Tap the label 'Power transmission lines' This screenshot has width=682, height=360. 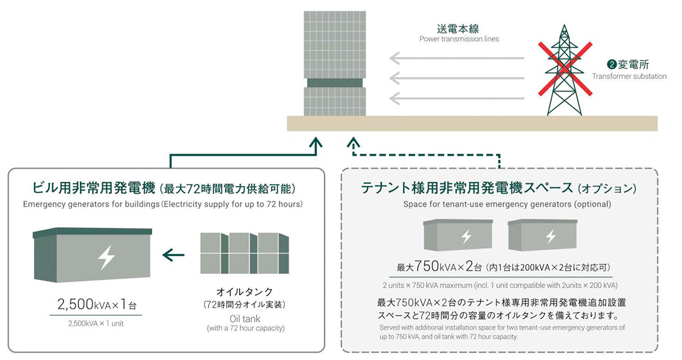pos(459,39)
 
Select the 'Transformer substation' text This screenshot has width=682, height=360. pos(629,76)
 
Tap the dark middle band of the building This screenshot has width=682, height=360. pos(334,82)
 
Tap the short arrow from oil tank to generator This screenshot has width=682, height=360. pos(174,255)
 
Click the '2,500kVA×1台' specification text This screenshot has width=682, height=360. pos(97,305)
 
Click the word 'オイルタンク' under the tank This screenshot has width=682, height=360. pos(245,292)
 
